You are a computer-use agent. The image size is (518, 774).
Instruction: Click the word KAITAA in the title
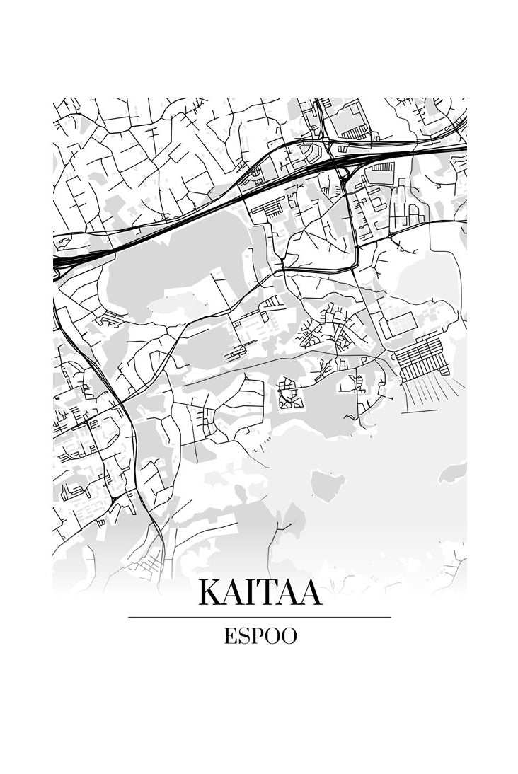pos(260,593)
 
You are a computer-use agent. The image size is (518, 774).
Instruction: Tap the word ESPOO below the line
pos(260,636)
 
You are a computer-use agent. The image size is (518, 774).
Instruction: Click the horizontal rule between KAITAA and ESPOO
pos(260,617)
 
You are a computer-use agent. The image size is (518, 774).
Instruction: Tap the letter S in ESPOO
pos(243,636)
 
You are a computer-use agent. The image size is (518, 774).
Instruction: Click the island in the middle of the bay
pos(328,484)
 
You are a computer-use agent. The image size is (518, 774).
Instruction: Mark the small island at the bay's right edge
pos(453,471)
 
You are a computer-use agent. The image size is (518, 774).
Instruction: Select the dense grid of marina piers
pos(422,357)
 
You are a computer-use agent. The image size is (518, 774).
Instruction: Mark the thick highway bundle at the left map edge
pos(64,262)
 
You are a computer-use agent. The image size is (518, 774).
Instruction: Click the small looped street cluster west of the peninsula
pos(289,393)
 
